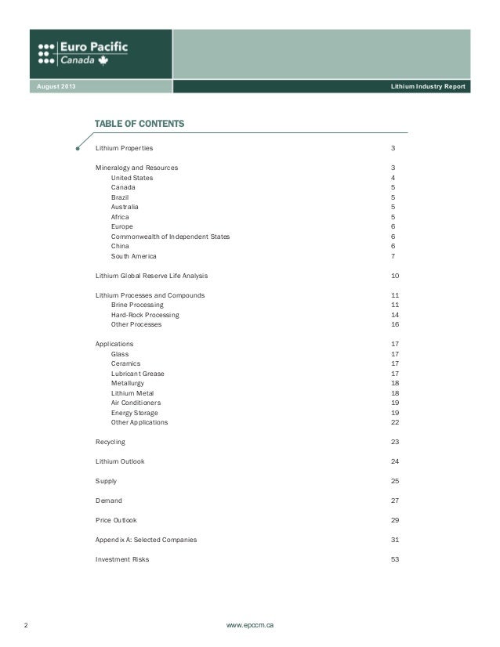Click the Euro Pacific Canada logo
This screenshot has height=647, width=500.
coord(82,52)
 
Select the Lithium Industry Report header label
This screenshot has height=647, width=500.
coord(428,85)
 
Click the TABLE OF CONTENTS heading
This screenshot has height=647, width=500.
coord(139,125)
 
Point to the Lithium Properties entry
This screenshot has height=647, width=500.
coord(125,148)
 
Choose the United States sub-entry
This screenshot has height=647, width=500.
coord(132,178)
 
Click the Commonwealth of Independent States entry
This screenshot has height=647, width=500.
coord(170,237)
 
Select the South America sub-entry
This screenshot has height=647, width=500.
coord(133,256)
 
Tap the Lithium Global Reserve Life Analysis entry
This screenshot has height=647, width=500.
coord(151,276)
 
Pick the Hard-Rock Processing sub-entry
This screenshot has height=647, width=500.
coord(145,315)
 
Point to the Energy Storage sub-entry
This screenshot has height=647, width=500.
coord(134,413)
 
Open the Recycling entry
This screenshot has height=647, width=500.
coord(110,442)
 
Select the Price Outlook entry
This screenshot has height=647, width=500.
coord(116,520)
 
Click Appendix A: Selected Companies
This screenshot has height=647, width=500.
coord(146,540)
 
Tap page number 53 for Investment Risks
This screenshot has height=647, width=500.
coord(394,559)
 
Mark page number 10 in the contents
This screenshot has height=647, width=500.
coord(394,276)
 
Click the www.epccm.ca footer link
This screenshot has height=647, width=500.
coord(250,626)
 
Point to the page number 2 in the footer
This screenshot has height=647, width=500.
coord(26,626)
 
